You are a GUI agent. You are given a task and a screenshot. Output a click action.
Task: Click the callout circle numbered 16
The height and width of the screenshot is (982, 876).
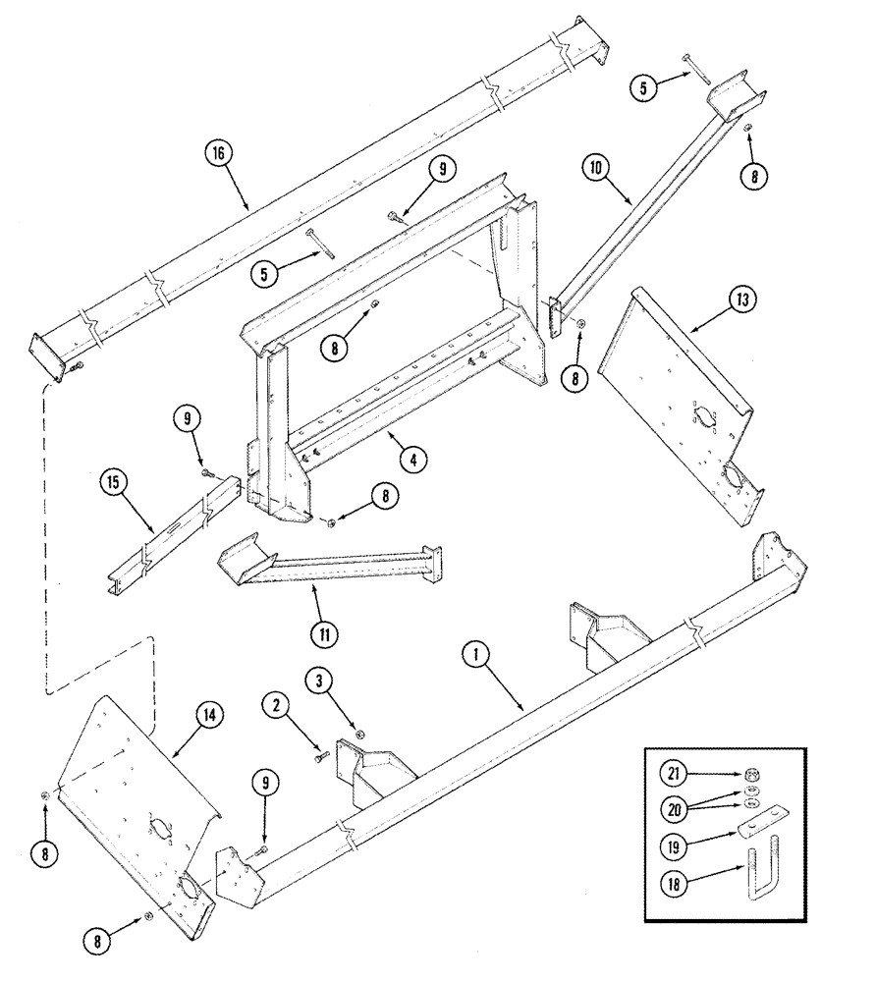(x=218, y=153)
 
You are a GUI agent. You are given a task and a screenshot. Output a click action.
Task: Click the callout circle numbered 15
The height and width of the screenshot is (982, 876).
(x=114, y=482)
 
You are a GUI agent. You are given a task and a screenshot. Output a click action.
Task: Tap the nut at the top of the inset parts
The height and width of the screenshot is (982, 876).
(x=751, y=772)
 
